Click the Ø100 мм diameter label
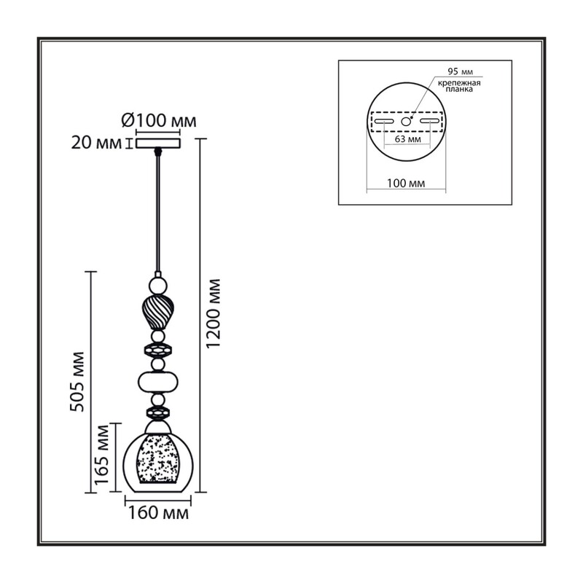tap(159, 120)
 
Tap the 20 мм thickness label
tap(96, 143)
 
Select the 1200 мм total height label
tap(214, 313)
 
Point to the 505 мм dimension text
tap(77, 381)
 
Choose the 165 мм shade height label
tap(102, 454)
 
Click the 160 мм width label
tap(158, 513)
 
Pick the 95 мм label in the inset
tap(461, 71)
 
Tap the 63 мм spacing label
tap(408, 139)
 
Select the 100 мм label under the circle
tap(406, 183)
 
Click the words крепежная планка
tap(459, 86)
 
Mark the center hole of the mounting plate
tap(406, 121)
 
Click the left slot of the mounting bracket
tap(384, 121)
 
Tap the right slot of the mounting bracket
tap(429, 121)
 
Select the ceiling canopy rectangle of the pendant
tap(158, 144)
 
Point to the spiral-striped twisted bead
tap(157, 311)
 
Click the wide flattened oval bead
tap(158, 382)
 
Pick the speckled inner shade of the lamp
tap(157, 458)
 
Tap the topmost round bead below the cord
tap(157, 285)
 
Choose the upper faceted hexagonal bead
tap(157, 350)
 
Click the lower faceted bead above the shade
tap(158, 413)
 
